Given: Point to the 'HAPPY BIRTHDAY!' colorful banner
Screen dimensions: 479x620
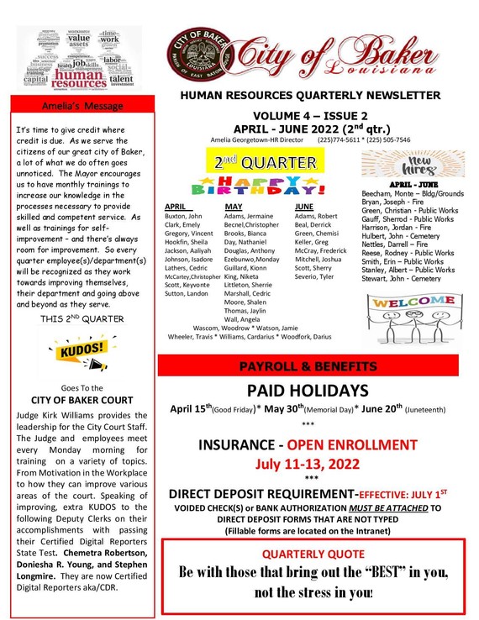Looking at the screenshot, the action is pyautogui.click(x=260, y=184).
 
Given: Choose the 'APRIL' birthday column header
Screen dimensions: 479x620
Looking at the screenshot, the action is pyautogui.click(x=176, y=206).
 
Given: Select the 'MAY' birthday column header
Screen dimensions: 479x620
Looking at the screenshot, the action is pyautogui.click(x=233, y=206).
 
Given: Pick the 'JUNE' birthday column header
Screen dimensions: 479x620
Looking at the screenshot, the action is pyautogui.click(x=303, y=206).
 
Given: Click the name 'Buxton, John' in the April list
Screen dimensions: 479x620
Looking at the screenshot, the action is pyautogui.click(x=184, y=216).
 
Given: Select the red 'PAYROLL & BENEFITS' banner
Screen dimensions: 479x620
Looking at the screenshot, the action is pyautogui.click(x=307, y=366).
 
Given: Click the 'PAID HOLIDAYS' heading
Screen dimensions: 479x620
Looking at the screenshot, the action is pyautogui.click(x=307, y=391).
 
